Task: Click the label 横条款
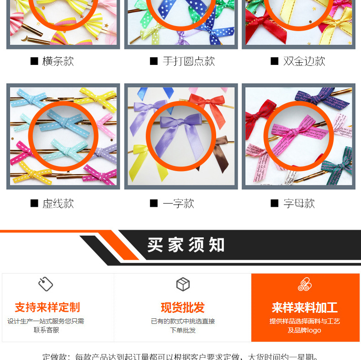(58, 61)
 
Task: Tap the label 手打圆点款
(188, 61)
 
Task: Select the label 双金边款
(304, 61)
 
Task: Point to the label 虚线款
(58, 204)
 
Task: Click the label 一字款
(178, 204)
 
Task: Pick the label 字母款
(299, 204)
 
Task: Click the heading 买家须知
(186, 245)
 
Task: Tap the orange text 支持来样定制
(47, 307)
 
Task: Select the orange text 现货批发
(183, 307)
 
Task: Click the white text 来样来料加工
(304, 307)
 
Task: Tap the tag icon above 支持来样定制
(46, 285)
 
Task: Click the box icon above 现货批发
(183, 285)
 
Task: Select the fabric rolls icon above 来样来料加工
(304, 285)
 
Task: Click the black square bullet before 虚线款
(34, 204)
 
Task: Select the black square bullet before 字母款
(275, 204)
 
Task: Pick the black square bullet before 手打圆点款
(154, 61)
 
